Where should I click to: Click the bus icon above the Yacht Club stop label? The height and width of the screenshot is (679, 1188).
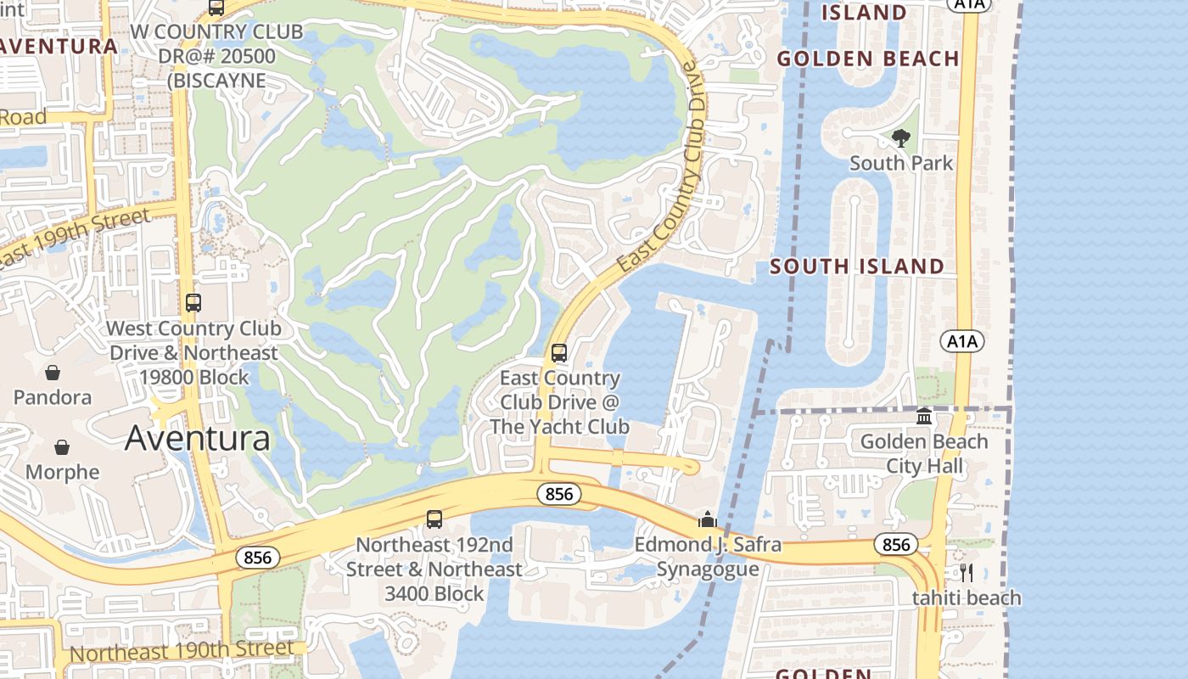pyautogui.click(x=558, y=353)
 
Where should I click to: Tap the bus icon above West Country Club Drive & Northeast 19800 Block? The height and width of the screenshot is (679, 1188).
pyautogui.click(x=193, y=303)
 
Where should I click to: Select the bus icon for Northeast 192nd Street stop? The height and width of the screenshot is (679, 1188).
pyautogui.click(x=434, y=519)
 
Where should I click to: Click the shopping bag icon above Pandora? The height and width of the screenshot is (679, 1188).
pyautogui.click(x=53, y=373)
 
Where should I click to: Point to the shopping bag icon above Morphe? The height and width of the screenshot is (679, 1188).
pyautogui.click(x=62, y=447)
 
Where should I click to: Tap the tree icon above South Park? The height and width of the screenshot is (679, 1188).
pyautogui.click(x=901, y=137)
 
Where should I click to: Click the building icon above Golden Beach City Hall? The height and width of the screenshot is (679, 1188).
pyautogui.click(x=924, y=417)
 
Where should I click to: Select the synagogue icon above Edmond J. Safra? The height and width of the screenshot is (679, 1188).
pyautogui.click(x=708, y=519)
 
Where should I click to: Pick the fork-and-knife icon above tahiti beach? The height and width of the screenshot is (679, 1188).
pyautogui.click(x=966, y=573)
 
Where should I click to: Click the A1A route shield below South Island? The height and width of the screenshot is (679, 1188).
pyautogui.click(x=961, y=341)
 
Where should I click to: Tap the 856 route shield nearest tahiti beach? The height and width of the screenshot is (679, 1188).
pyautogui.click(x=896, y=545)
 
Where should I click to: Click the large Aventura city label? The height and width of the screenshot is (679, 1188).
pyautogui.click(x=198, y=438)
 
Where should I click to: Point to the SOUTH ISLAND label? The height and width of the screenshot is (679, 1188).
pyautogui.click(x=857, y=267)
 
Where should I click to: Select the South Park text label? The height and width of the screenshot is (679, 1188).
pyautogui.click(x=901, y=163)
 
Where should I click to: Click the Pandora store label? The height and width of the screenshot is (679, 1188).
pyautogui.click(x=53, y=397)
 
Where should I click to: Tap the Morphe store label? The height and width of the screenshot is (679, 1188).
pyautogui.click(x=62, y=472)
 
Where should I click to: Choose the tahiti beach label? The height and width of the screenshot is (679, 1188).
pyautogui.click(x=967, y=598)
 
